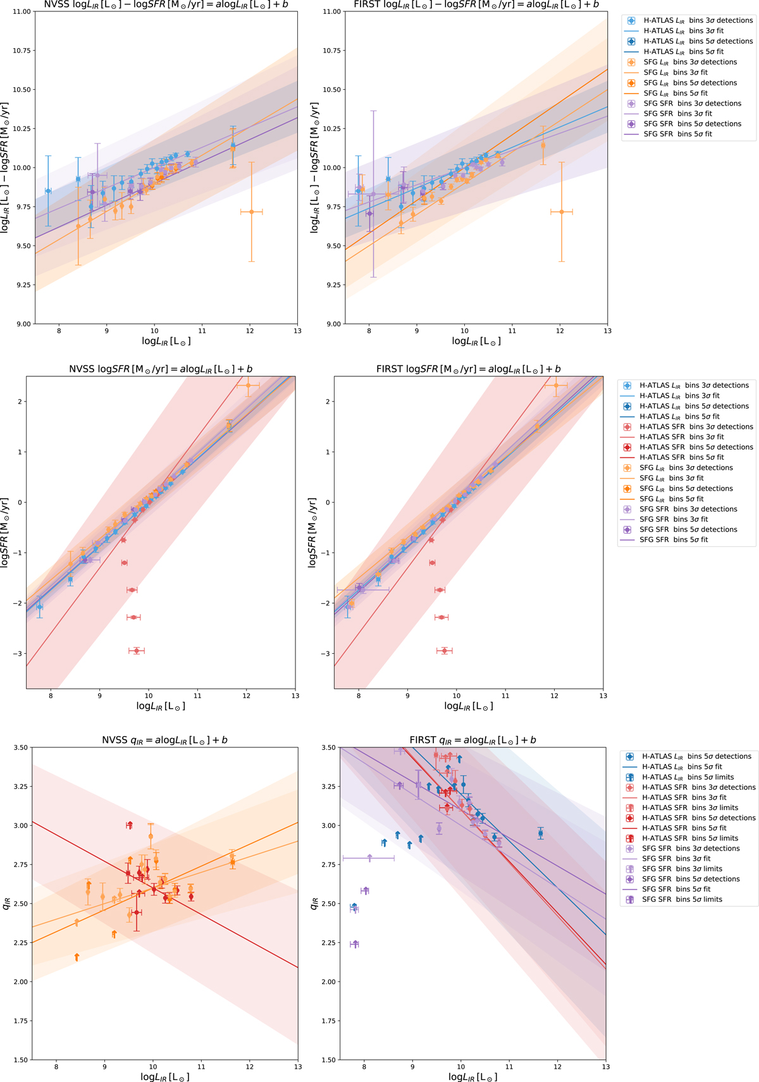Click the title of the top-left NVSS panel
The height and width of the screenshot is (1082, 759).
click(x=166, y=4)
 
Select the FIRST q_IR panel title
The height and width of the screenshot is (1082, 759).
click(x=472, y=740)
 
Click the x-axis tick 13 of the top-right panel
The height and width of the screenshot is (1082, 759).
click(x=607, y=331)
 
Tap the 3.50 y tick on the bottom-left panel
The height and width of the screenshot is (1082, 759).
click(x=20, y=747)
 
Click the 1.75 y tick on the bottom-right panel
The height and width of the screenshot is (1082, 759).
click(x=329, y=1021)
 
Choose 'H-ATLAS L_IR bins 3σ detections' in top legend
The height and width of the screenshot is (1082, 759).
click(x=698, y=20)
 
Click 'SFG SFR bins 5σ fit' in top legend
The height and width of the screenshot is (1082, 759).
click(x=677, y=134)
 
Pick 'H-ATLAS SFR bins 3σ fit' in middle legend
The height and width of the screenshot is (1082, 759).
click(x=681, y=437)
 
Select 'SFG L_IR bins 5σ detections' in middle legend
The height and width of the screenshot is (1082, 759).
click(x=686, y=489)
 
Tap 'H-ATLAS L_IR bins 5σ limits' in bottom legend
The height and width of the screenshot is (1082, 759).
click(x=688, y=777)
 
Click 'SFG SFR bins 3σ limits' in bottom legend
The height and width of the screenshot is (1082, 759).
click(x=682, y=869)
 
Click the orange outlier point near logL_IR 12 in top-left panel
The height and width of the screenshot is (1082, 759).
click(x=252, y=212)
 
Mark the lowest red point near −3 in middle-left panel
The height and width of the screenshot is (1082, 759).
click(x=137, y=651)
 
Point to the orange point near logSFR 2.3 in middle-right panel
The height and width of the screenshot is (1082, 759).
click(x=556, y=385)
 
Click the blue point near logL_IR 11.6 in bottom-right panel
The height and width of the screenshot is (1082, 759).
click(x=540, y=833)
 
